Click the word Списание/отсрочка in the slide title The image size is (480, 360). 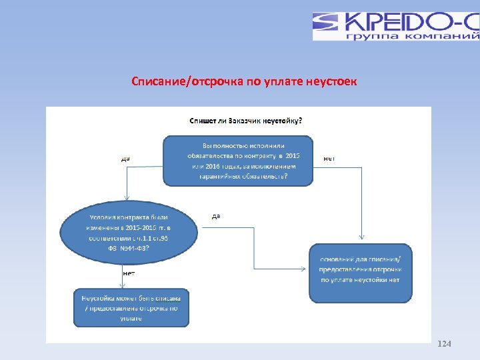[x=171, y=82]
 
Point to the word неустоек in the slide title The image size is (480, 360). [x=331, y=82]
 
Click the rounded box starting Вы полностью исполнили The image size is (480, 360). [x=238, y=161]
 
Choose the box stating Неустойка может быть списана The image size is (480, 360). [x=131, y=308]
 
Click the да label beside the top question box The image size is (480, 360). [x=125, y=159]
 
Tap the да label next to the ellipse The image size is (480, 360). [x=216, y=216]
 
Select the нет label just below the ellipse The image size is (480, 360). [x=128, y=273]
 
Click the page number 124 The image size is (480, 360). [x=444, y=344]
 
